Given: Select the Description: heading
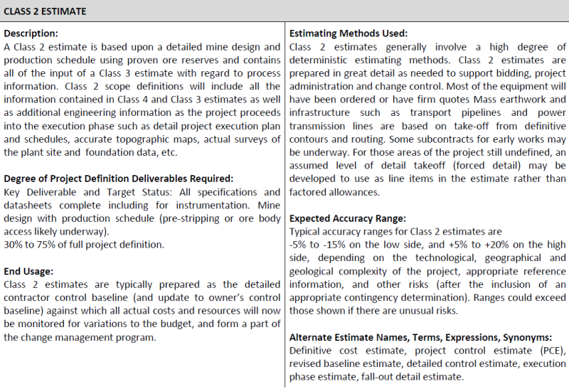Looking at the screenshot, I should [x=31, y=33].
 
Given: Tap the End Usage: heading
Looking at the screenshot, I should [x=29, y=270].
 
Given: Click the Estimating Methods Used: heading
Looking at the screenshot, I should [x=349, y=33].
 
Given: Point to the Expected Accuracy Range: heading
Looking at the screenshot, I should [x=347, y=218].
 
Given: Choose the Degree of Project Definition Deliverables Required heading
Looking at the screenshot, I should [x=118, y=178].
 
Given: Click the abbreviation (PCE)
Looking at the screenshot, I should [x=551, y=350].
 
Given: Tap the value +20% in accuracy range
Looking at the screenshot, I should [x=494, y=244].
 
